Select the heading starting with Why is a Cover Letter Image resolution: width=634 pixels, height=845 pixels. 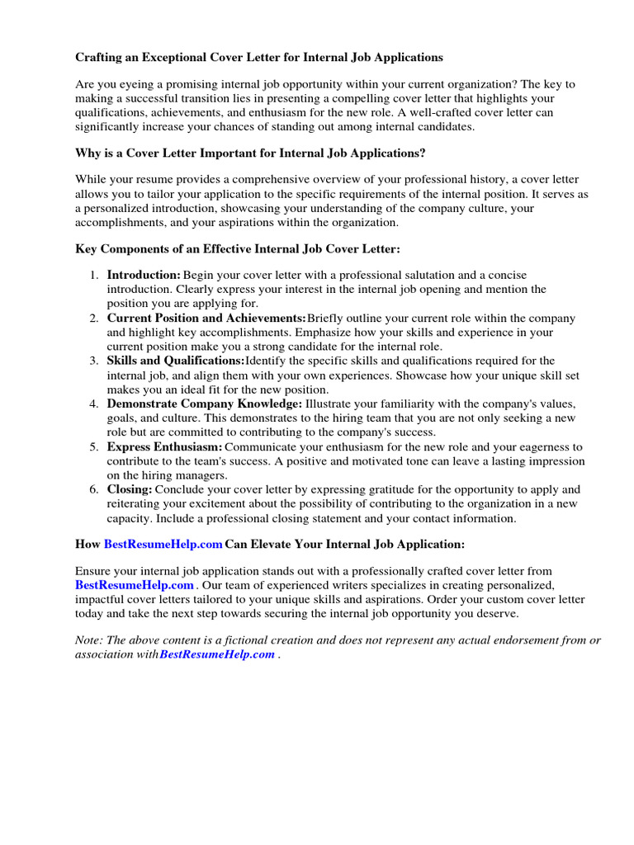(x=251, y=153)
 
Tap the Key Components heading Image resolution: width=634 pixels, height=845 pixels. (x=238, y=249)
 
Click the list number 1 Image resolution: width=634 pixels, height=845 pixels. (x=95, y=275)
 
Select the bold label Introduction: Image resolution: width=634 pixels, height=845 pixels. (x=144, y=275)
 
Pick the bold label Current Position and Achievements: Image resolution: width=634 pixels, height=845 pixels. (x=206, y=318)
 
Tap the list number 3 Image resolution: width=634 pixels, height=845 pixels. (x=95, y=361)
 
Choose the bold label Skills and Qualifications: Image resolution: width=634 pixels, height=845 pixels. (x=176, y=361)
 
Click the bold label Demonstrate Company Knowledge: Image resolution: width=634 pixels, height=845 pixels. (x=205, y=404)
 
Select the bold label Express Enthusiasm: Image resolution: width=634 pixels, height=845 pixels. (x=165, y=446)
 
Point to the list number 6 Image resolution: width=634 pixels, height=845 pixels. (x=95, y=489)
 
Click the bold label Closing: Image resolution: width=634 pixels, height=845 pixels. (x=130, y=489)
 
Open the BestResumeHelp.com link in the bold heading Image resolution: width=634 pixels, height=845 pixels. (x=163, y=545)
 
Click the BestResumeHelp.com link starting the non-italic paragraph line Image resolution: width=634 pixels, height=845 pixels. (x=135, y=585)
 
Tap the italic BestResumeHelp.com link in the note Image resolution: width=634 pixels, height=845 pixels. (x=217, y=654)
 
